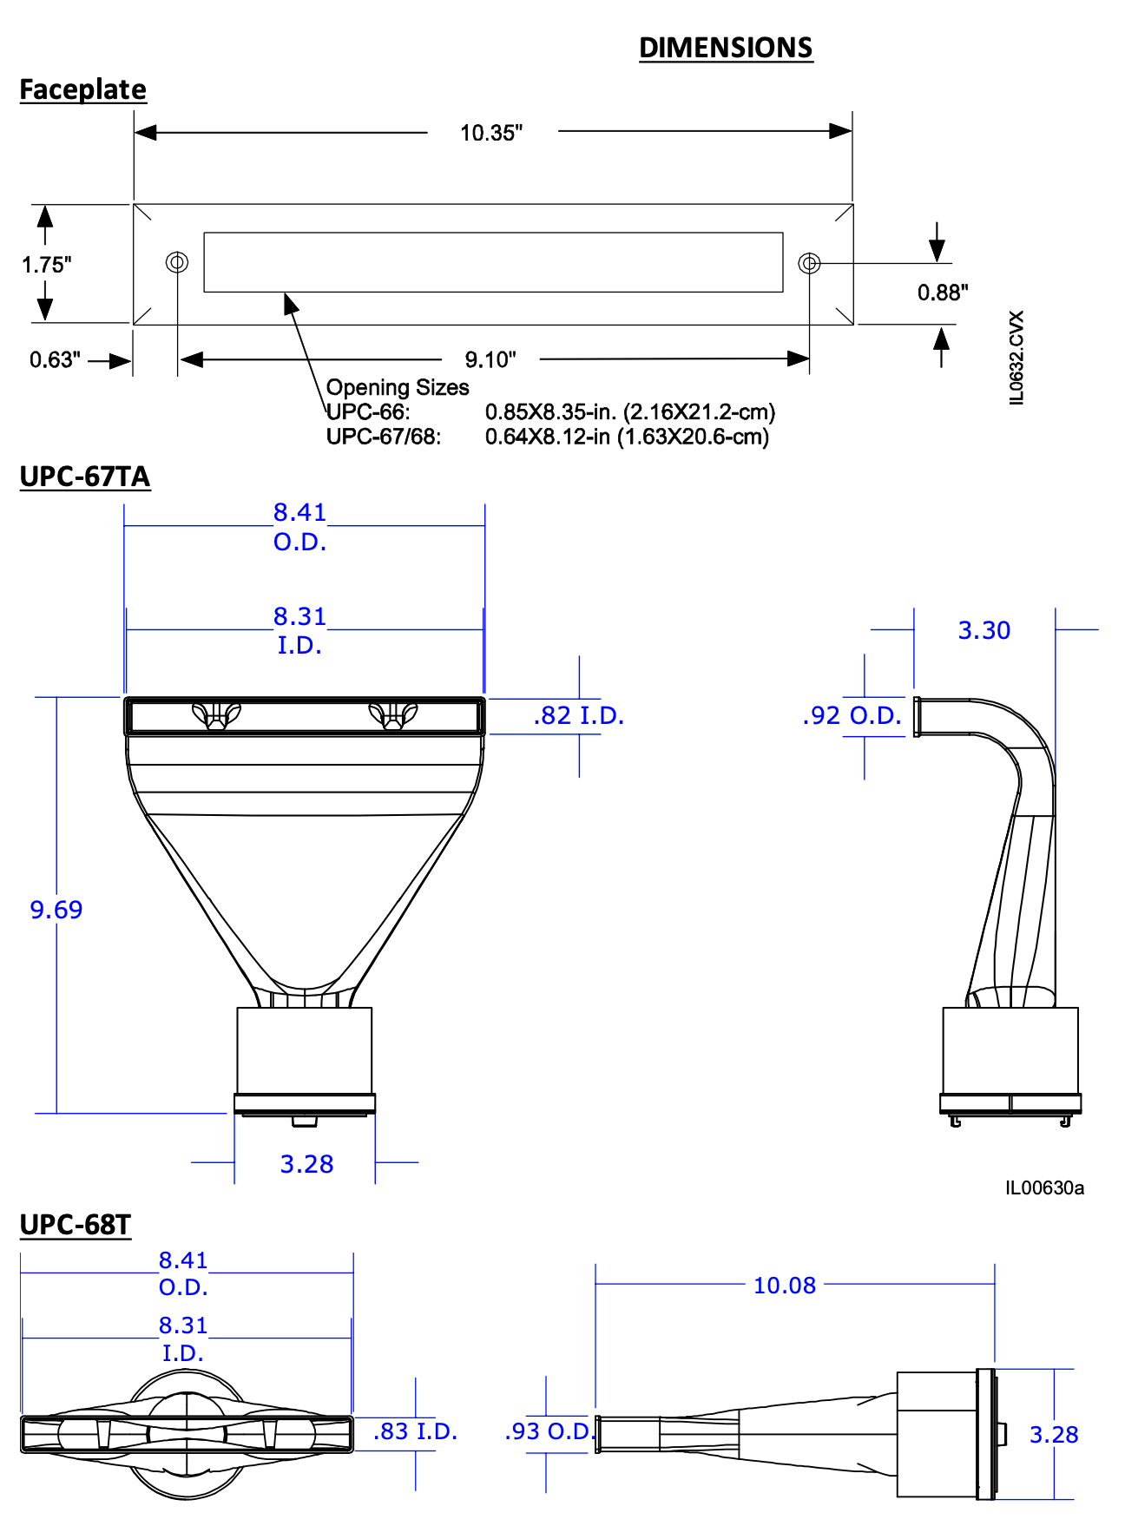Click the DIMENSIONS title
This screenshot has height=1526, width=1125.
click(726, 48)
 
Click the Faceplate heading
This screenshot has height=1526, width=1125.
click(82, 89)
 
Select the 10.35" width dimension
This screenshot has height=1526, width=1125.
click(491, 133)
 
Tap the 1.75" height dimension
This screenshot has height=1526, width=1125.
click(46, 265)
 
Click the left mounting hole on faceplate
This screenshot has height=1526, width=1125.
click(177, 262)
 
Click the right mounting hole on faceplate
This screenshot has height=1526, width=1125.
click(809, 262)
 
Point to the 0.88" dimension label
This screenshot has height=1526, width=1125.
click(943, 293)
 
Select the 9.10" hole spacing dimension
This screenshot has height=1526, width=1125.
click(490, 359)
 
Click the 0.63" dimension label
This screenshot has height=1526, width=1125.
click(55, 359)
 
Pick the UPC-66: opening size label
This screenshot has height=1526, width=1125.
click(368, 412)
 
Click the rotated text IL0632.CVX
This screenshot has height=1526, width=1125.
click(1017, 357)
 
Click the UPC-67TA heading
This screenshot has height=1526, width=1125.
click(85, 477)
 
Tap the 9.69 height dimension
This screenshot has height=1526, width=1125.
click(56, 910)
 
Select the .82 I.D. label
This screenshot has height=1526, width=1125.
click(578, 716)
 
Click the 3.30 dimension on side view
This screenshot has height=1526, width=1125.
click(984, 630)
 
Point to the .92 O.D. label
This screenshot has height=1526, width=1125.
click(852, 716)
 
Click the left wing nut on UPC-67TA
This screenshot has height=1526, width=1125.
click(216, 716)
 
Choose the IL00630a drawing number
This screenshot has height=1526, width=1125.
click(1044, 1187)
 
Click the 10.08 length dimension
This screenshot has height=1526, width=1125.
click(785, 1286)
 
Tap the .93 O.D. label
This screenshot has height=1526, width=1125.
click(549, 1431)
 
